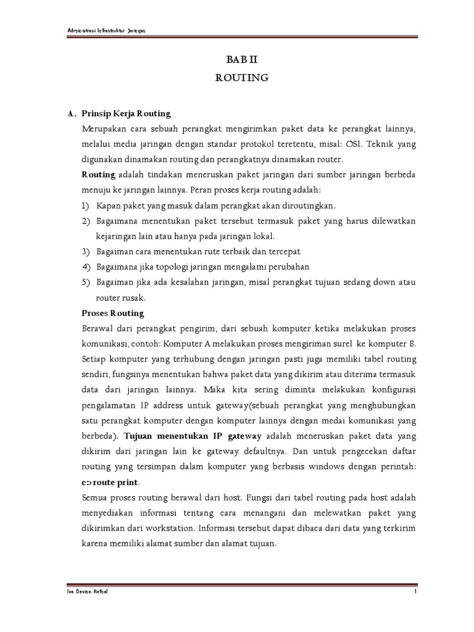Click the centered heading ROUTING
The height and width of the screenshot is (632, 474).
[x=241, y=78]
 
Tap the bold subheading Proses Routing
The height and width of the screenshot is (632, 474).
[x=113, y=313]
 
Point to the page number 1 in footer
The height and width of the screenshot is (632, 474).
[x=416, y=592]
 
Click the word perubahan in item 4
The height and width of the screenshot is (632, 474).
[x=288, y=267]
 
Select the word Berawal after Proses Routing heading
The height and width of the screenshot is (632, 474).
[x=98, y=328]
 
